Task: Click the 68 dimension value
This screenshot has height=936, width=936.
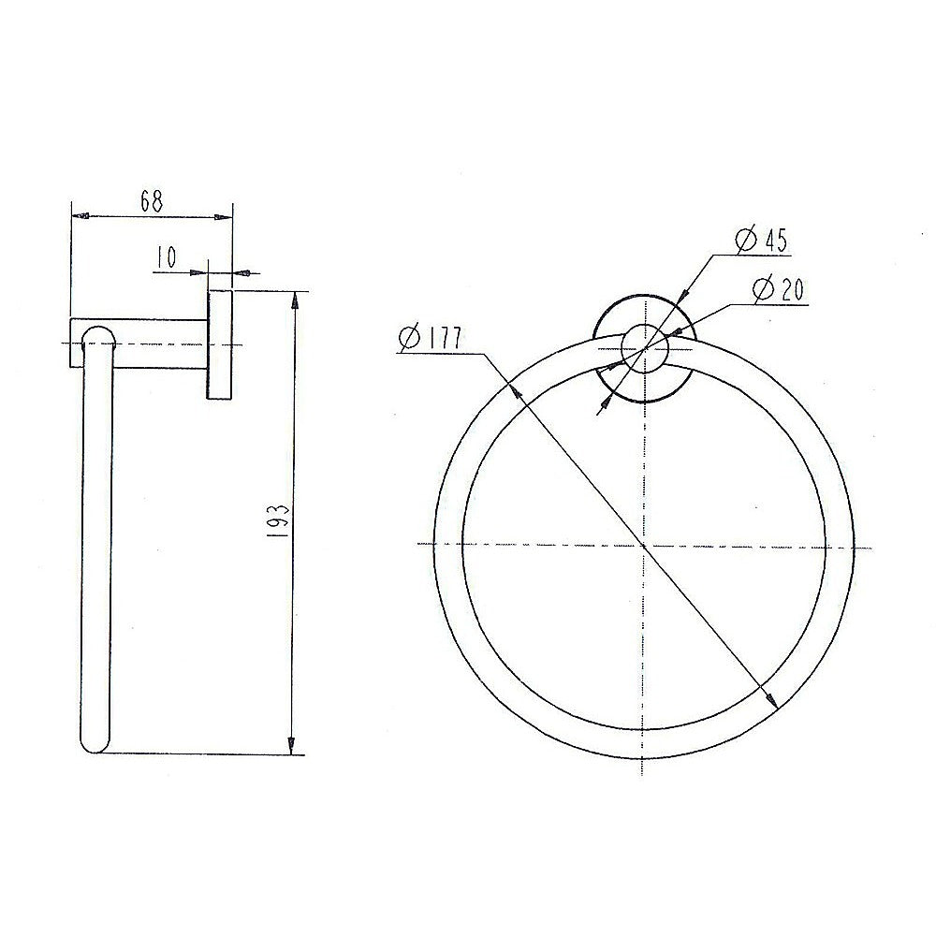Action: pyautogui.click(x=152, y=199)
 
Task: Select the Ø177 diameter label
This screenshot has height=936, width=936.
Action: pyautogui.click(x=430, y=338)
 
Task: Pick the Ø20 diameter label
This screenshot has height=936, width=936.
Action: pyautogui.click(x=778, y=289)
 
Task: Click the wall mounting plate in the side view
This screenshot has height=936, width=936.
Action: pyautogui.click(x=219, y=345)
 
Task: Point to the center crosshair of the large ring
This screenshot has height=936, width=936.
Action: pyautogui.click(x=644, y=544)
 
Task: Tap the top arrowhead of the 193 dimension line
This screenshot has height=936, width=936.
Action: pyautogui.click(x=295, y=301)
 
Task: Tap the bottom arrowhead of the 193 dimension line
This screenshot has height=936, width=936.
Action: pyautogui.click(x=293, y=746)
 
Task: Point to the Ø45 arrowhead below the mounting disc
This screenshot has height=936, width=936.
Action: pyautogui.click(x=606, y=403)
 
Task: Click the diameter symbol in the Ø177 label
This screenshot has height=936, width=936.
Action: pyautogui.click(x=408, y=338)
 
